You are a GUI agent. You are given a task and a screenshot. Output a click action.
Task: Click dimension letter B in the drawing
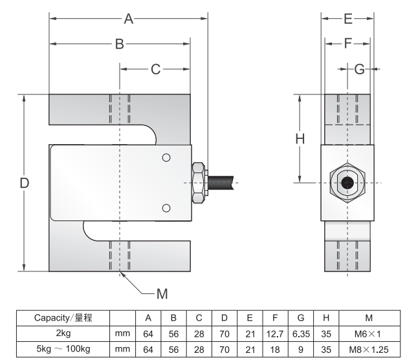pos(120,44)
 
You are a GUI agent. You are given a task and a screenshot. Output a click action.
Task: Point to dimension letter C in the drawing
pos(155,69)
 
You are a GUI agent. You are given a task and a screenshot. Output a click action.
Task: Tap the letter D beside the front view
pos(24,183)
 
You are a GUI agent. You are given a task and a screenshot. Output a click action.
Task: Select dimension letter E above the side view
pos(347,18)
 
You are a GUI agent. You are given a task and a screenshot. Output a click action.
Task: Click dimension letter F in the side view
pos(347,43)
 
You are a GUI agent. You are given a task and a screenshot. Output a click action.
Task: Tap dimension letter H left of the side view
pos(300,138)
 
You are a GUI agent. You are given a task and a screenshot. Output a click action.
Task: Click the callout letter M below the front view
pos(162,294)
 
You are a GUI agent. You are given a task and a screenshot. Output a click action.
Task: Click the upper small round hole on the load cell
pos(166,158)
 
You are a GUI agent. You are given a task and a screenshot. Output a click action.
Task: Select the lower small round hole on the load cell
pos(166,207)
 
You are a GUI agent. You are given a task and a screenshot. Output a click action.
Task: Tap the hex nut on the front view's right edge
pos(199,182)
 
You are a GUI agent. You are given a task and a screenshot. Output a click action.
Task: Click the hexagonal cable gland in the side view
pos(347,182)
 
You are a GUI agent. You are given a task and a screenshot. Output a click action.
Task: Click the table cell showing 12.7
pos(275,334)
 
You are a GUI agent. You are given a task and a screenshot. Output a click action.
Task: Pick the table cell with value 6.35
pos(300,334)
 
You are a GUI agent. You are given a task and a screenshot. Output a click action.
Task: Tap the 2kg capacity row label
pos(63,334)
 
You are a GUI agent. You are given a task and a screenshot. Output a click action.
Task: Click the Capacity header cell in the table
pos(63,318)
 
